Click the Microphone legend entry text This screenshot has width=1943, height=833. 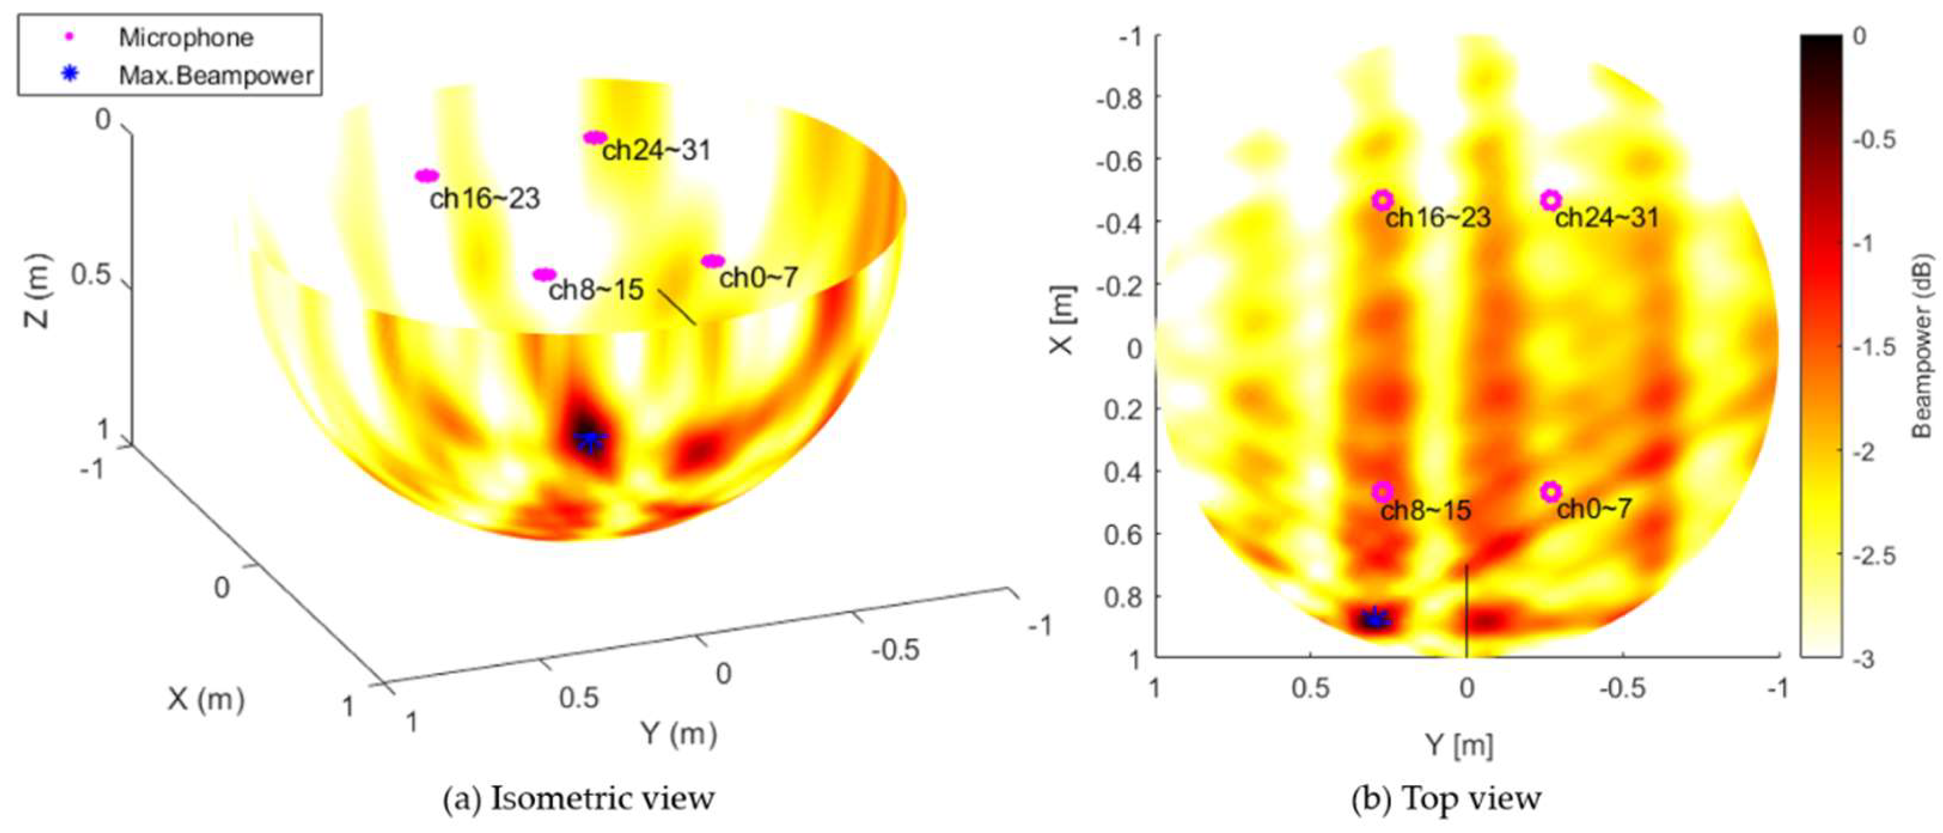[x=185, y=38]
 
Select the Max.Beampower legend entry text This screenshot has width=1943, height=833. [x=216, y=75]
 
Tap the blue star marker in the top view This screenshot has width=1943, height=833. [x=1374, y=619]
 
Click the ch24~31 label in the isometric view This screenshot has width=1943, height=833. [x=656, y=150]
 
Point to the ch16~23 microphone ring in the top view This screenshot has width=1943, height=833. [x=1382, y=200]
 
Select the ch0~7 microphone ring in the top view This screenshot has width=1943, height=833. [x=1550, y=491]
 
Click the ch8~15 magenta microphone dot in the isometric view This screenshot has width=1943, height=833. [x=545, y=274]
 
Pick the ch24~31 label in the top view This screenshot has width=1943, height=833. [x=1606, y=218]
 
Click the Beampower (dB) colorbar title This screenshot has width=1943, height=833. [x=1923, y=346]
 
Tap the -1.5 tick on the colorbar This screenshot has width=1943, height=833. [x=1874, y=347]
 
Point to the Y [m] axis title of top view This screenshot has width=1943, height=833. [x=1459, y=746]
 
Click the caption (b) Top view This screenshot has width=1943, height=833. [x=1446, y=798]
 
